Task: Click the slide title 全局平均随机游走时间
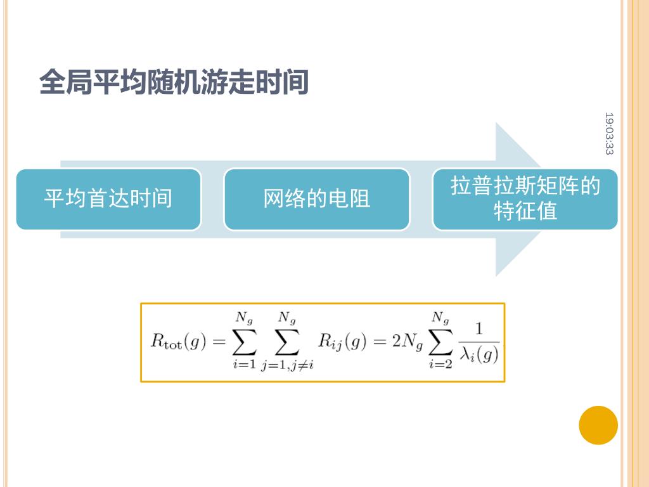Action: coord(174,82)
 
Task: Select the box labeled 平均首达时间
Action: coord(108,198)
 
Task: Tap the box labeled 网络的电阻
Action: coord(316,198)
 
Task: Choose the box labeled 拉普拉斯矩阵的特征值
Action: coord(525,198)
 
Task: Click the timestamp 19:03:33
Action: coord(608,133)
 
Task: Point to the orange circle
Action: coord(598,425)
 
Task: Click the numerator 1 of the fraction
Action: coord(479,328)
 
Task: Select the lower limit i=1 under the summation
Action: coord(244,364)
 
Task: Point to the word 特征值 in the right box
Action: coord(525,211)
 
